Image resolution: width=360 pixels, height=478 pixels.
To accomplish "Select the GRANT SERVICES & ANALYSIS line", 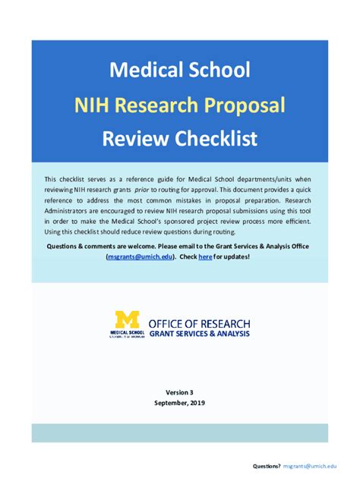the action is tap(199, 334).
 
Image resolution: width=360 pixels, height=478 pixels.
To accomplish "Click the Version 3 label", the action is tap(179, 392).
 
